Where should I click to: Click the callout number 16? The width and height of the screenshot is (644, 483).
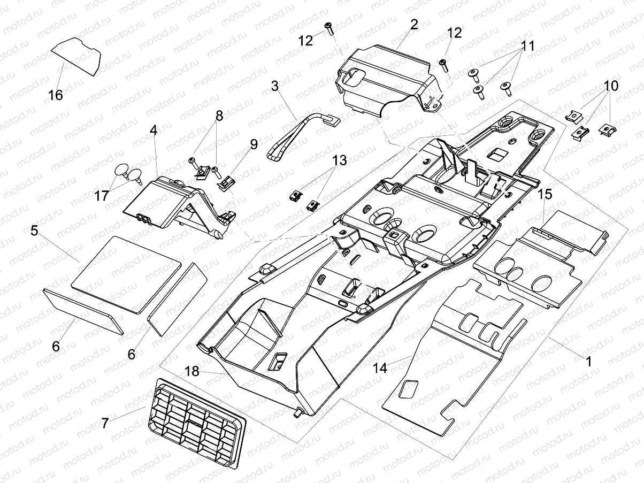coord(55,95)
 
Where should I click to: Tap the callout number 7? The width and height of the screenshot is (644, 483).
coord(105,423)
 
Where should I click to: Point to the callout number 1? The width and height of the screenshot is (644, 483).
coord(588,362)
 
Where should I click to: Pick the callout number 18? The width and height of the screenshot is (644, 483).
coord(192,371)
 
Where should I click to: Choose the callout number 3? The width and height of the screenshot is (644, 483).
coord(275,86)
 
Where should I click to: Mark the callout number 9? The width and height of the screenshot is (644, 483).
coord(253,144)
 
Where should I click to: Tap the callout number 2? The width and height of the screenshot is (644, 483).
coord(414,24)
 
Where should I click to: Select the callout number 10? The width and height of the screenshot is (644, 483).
coord(611,86)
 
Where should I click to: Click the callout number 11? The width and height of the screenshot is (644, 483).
coord(528,46)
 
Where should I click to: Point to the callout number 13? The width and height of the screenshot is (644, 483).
coord(339,160)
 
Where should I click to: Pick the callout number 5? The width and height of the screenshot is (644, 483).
coord(34,231)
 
